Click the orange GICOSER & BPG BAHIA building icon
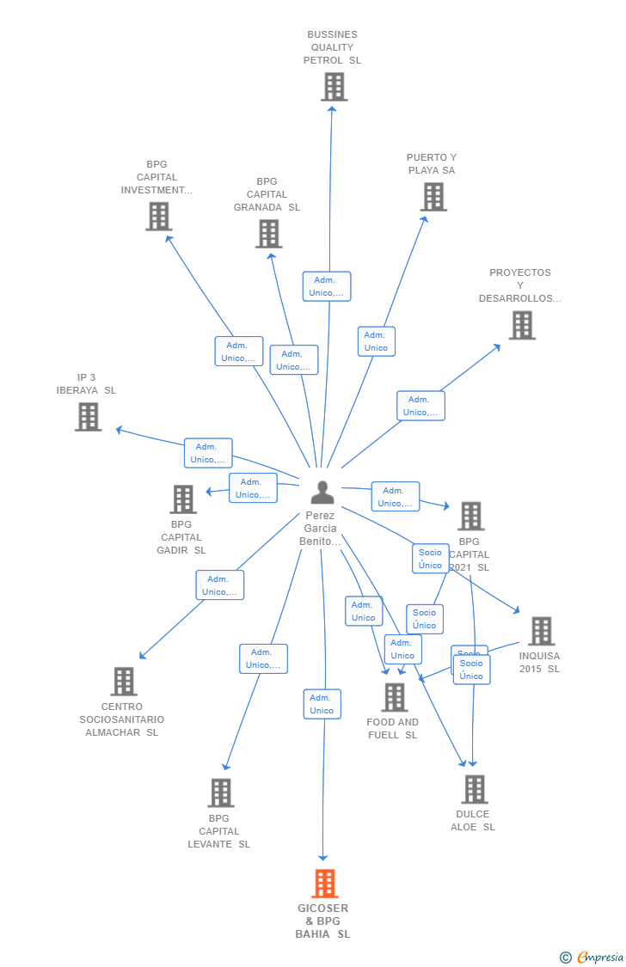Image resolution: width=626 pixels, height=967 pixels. tap(324, 884)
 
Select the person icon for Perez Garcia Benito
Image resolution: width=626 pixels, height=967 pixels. tap(322, 493)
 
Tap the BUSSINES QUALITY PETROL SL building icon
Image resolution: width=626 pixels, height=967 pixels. tap(334, 87)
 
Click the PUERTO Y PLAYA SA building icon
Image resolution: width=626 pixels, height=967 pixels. tap(433, 197)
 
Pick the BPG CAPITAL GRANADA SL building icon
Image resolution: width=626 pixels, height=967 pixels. tap(268, 234)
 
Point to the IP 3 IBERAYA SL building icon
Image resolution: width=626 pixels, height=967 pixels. tap(88, 417)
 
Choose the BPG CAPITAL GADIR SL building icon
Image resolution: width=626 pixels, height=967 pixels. tap(183, 499)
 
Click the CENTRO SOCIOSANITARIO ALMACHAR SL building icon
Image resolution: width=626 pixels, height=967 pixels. tap(124, 682)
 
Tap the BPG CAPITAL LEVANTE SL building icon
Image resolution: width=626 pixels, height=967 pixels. tap(221, 793)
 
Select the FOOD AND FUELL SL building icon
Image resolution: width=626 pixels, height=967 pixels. tap(395, 697)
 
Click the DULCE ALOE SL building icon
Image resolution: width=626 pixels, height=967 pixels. tap(474, 789)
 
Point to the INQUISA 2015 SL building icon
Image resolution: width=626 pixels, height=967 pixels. tap(541, 631)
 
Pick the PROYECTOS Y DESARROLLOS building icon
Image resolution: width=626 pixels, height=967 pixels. tap(521, 326)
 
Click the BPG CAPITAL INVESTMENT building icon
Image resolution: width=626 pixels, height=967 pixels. tap(158, 217)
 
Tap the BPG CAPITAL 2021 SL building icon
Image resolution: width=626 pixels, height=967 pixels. tap(470, 517)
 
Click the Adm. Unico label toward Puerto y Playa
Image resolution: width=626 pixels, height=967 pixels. tap(377, 341)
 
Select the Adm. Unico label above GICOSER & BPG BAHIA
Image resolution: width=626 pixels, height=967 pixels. tap(322, 704)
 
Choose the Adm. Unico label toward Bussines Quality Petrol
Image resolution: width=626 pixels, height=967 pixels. tap(327, 286)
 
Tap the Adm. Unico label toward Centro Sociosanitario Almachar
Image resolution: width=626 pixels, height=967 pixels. tap(219, 585)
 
